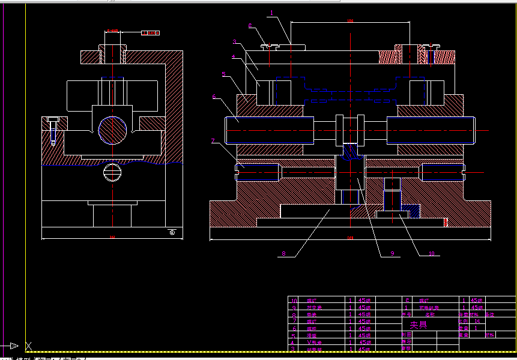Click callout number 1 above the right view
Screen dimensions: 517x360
coord(271,12)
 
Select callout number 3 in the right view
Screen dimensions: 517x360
coord(235,42)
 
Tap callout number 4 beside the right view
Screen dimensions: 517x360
coord(233,57)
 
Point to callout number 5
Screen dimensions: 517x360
coord(223,74)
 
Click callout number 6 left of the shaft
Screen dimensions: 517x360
coord(214,96)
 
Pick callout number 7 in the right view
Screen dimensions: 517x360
coord(213,141)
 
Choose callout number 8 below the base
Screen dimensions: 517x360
coord(284,254)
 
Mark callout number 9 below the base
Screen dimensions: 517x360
coord(392,254)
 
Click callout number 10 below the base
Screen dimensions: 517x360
coord(431,254)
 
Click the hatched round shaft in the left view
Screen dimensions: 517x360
coord(113,130)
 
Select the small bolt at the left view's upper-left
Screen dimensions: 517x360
coord(53,127)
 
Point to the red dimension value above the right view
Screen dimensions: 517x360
coord(350,21)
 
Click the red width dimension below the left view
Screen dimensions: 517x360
coord(112,238)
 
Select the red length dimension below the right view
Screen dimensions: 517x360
coord(350,238)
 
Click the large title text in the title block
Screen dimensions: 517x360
coord(419,325)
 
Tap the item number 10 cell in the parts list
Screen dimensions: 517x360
coord(294,300)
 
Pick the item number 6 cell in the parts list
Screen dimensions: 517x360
coord(294,329)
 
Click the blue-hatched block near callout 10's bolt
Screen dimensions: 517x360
coord(413,211)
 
